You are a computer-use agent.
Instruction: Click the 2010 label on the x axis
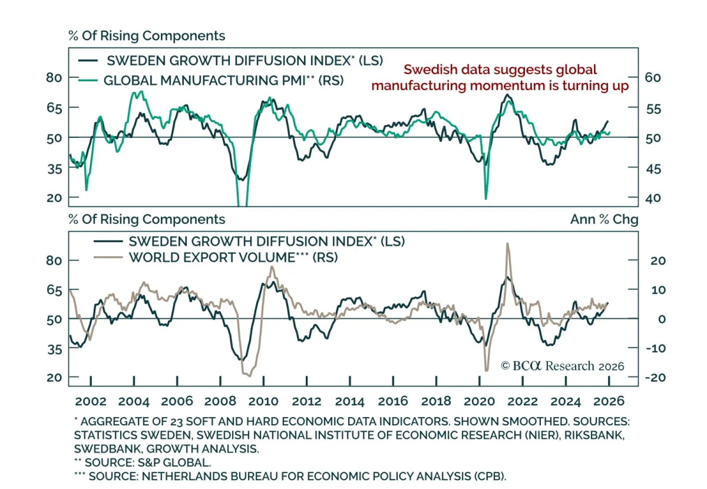point(263,401)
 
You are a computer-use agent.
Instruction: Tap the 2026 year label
point(608,401)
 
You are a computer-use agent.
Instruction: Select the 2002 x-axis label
point(91,401)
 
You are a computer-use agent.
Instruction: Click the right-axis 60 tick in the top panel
point(653,77)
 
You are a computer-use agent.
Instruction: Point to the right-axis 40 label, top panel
point(653,198)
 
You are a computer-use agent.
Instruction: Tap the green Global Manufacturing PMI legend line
point(88,80)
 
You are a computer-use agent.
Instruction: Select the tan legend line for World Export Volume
point(108,258)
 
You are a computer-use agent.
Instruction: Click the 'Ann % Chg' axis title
point(604,219)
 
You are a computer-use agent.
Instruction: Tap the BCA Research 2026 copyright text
point(563,366)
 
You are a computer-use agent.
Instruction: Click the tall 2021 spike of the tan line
point(507,244)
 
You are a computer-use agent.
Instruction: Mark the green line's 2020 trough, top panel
point(486,198)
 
